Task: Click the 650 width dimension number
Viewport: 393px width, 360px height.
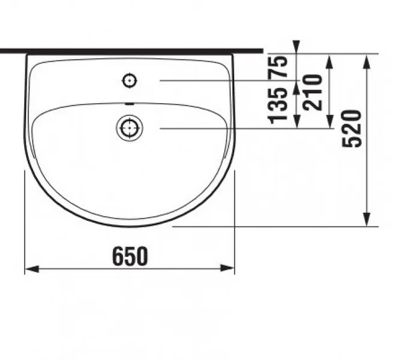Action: pos(130,256)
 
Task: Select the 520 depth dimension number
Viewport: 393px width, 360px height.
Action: pos(352,129)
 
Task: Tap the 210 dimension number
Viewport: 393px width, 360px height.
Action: pos(312,92)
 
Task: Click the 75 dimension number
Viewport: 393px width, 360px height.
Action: pos(278,67)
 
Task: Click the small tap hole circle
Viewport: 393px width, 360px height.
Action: pos(130,81)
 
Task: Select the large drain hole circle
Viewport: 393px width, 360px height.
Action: pos(130,128)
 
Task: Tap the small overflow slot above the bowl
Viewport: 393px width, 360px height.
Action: pos(130,104)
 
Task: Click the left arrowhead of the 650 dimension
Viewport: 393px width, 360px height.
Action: pos(32,269)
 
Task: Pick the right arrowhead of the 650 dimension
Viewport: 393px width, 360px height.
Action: pos(227,268)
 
